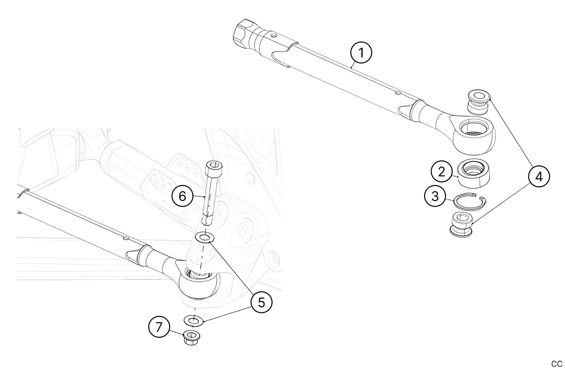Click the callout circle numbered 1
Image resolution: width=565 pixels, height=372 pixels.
click(361, 53)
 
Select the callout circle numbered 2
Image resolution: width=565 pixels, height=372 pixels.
click(441, 172)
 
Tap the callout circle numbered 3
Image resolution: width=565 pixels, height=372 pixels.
click(435, 196)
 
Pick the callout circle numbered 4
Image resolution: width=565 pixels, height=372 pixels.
click(539, 176)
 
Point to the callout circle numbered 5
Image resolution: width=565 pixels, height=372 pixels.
click(261, 302)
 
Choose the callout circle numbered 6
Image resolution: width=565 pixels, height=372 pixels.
click(182, 196)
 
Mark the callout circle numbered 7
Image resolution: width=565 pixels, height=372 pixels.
click(159, 327)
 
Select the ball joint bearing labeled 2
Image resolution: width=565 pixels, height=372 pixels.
click(474, 173)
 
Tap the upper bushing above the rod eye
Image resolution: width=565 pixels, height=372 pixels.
click(478, 102)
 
